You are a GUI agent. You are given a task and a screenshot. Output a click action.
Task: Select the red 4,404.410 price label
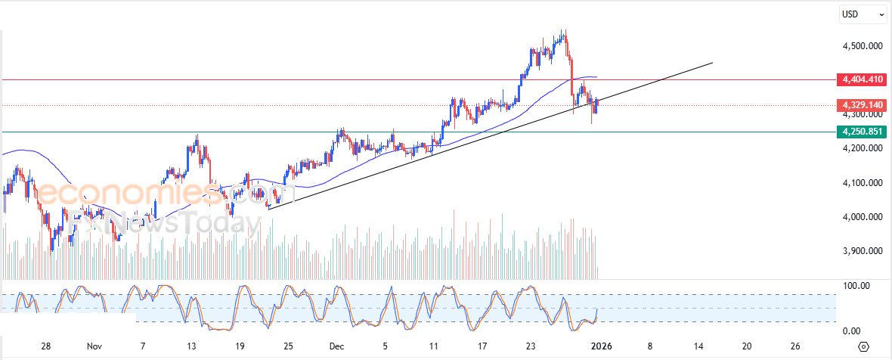pos(863,79)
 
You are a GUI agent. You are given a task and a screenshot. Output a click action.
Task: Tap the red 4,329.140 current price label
pos(863,104)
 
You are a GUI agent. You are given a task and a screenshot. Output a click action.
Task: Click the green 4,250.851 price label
pos(863,132)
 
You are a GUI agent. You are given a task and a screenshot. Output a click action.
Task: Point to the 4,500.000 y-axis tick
pos(863,46)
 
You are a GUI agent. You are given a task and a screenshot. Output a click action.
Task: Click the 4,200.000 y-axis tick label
pos(863,148)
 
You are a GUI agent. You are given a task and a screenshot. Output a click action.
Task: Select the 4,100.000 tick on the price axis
pos(863,183)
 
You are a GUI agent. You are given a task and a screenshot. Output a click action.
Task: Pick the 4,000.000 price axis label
pos(863,217)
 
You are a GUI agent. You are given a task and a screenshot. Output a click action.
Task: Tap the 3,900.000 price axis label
pos(863,251)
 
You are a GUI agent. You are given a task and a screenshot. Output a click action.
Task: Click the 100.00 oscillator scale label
pos(856,286)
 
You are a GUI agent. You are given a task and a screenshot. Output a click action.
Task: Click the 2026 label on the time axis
pos(600,346)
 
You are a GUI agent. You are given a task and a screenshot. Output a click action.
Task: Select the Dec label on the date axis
pos(337,346)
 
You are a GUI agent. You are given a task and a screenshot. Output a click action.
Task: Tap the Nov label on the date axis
pos(94,346)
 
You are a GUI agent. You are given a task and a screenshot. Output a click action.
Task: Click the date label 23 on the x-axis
pos(531,346)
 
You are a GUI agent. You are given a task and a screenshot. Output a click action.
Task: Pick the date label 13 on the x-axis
pos(192,346)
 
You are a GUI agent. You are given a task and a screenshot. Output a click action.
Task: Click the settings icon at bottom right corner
pos(864,346)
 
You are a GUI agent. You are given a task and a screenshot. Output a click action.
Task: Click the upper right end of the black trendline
pos(712,63)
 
